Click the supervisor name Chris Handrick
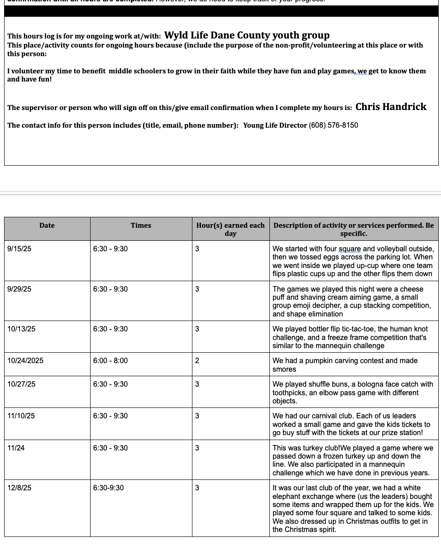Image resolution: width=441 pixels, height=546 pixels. (x=391, y=107)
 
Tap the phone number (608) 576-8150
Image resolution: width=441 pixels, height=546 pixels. (x=333, y=125)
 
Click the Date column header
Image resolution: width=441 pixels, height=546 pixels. (x=47, y=225)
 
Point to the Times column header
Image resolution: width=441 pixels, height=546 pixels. (x=141, y=225)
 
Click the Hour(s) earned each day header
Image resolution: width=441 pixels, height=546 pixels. (x=230, y=229)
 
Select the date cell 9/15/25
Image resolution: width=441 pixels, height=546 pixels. (x=19, y=249)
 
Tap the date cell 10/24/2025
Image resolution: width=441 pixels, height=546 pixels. (x=25, y=361)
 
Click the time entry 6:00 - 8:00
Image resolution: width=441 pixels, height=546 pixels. (x=110, y=361)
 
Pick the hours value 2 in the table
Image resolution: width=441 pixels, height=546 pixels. (x=197, y=361)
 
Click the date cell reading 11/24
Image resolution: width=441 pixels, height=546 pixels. (x=16, y=448)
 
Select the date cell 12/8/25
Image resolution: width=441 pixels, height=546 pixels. (x=19, y=488)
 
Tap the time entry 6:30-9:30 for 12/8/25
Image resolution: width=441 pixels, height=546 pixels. (x=108, y=488)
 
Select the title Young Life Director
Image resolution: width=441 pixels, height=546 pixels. (x=275, y=125)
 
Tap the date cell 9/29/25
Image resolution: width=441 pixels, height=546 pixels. (x=19, y=289)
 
